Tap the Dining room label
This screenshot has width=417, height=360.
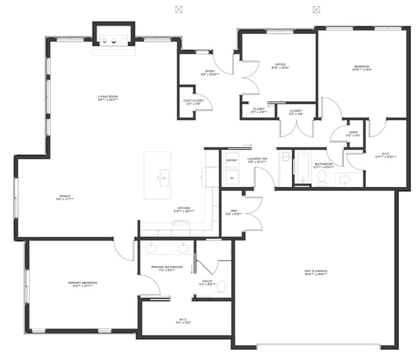point(65,197)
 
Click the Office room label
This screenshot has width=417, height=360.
point(280,65)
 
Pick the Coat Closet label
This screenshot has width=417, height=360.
point(194,101)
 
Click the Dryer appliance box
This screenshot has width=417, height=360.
point(231,161)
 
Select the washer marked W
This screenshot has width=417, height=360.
point(231,177)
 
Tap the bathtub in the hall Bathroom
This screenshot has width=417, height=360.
point(302,169)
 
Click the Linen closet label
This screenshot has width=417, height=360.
point(354,134)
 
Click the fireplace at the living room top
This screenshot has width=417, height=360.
point(113,40)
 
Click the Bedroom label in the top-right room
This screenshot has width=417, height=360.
point(361,67)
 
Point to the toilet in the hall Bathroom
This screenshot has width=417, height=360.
point(322,179)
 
